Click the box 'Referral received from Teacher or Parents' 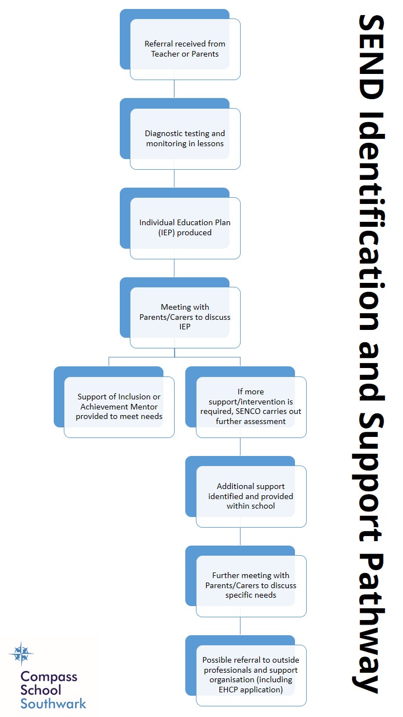pos(185,49)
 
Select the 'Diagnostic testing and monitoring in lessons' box pos(185,138)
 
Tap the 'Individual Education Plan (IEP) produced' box pos(185,228)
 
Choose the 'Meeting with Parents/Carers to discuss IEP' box pos(185,317)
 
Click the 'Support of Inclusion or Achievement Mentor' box pos(119,407)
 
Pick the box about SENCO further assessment pos(251,407)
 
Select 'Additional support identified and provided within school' pos(251,496)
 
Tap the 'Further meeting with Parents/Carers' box pos(251,585)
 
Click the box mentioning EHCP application pos(251,675)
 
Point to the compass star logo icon pos(21,654)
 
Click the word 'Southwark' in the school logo pos(53,704)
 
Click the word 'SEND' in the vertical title pos(371,57)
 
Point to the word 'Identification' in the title pos(371,221)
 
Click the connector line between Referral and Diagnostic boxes pos(174,89)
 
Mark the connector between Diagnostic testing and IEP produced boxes pos(174,178)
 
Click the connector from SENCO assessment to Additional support pos(240,446)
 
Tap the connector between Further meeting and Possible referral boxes pos(240,626)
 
